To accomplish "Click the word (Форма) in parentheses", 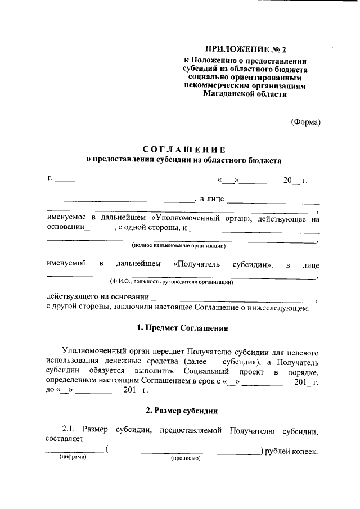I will pos(305,122).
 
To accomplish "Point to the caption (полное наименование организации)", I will pos(179,246).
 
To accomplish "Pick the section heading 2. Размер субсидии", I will pos(183,411).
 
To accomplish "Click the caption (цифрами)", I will pos(73,458).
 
